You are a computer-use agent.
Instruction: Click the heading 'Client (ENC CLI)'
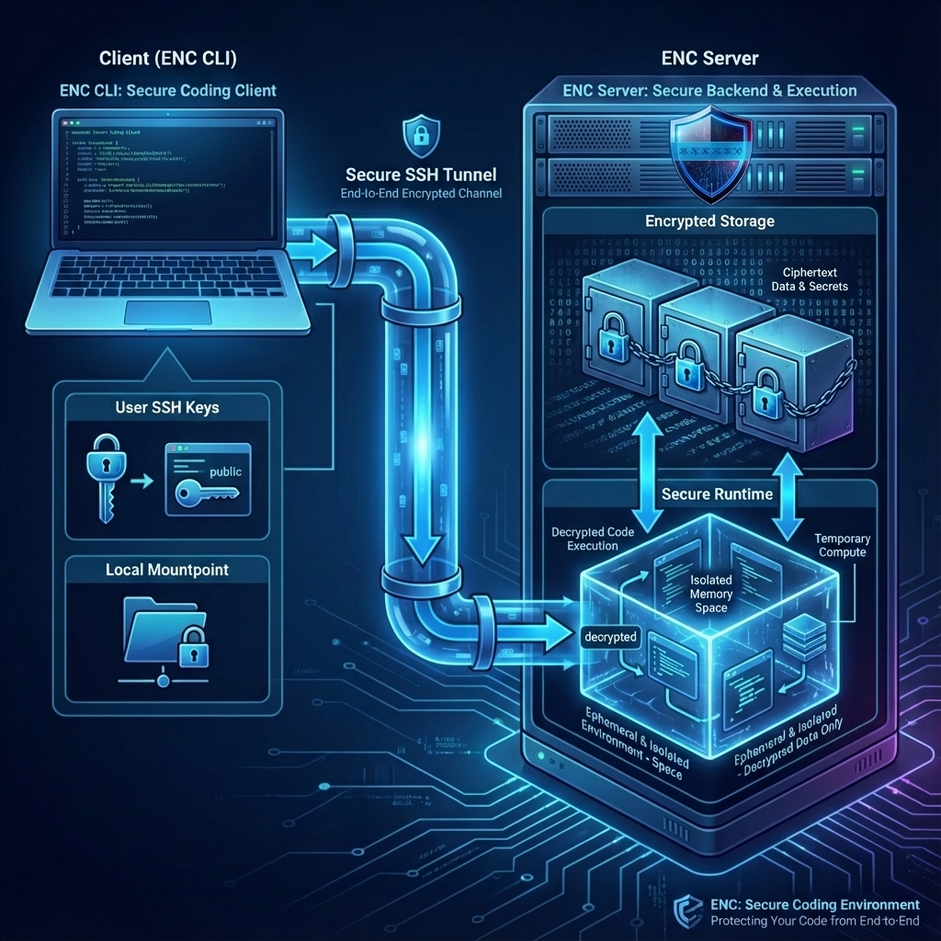tap(167, 59)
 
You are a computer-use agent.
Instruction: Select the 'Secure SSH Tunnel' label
tap(422, 175)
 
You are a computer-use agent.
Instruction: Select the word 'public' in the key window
tap(225, 471)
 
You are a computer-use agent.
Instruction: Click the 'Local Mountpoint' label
tap(166, 570)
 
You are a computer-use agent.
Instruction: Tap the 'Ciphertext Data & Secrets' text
tap(814, 279)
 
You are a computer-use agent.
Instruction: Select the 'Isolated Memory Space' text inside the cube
tap(711, 594)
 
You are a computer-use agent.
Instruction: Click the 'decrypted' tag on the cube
tap(609, 636)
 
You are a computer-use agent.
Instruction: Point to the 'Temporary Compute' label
tap(842, 545)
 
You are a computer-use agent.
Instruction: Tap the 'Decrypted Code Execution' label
tap(593, 539)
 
